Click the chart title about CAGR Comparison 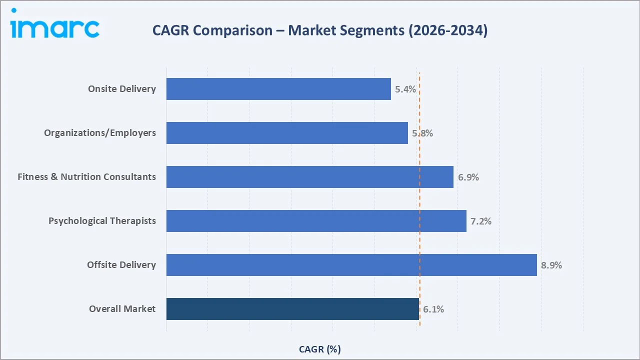point(320,30)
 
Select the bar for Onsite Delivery point(278,89)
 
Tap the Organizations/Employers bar point(287,133)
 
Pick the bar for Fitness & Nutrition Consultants point(309,177)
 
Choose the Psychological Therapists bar point(316,221)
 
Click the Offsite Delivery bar point(351,265)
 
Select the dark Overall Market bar point(292,309)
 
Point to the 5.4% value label point(405,89)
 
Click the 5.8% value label point(422,133)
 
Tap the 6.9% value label point(468,177)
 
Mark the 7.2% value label point(481,221)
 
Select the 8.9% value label point(551,265)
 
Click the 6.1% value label point(433,309)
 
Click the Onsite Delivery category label point(122,89)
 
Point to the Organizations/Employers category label point(100,133)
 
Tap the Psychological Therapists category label point(102,221)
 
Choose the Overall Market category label point(122,309)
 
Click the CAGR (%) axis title point(320,349)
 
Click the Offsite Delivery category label point(121,265)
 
